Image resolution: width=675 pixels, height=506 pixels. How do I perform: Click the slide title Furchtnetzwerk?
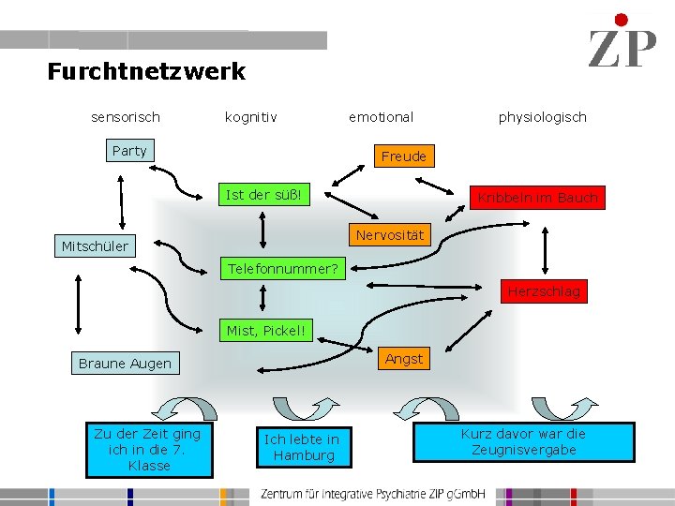point(146,71)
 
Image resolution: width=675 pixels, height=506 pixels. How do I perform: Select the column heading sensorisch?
point(126,117)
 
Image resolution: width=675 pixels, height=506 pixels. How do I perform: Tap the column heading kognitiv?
point(250,117)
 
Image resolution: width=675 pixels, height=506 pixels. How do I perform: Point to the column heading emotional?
point(381,117)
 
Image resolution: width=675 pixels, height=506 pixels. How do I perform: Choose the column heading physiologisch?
point(542,117)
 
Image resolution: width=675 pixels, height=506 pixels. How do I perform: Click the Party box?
point(129,151)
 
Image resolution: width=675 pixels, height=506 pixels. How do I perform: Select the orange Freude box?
point(404,156)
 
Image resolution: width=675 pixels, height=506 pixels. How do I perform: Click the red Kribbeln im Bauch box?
point(537,198)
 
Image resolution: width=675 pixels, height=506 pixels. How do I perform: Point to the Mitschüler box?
point(95,246)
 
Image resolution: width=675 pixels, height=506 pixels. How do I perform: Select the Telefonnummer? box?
point(283,269)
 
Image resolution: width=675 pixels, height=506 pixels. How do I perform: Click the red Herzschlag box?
point(544,291)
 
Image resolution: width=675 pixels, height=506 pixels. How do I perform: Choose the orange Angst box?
point(404,358)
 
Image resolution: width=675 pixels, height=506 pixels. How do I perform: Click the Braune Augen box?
point(125,364)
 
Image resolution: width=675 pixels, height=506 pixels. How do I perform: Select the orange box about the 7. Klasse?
point(148,450)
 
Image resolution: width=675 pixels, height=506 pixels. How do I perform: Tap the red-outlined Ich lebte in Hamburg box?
point(301,447)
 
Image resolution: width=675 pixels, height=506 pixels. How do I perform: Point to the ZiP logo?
point(622,43)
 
